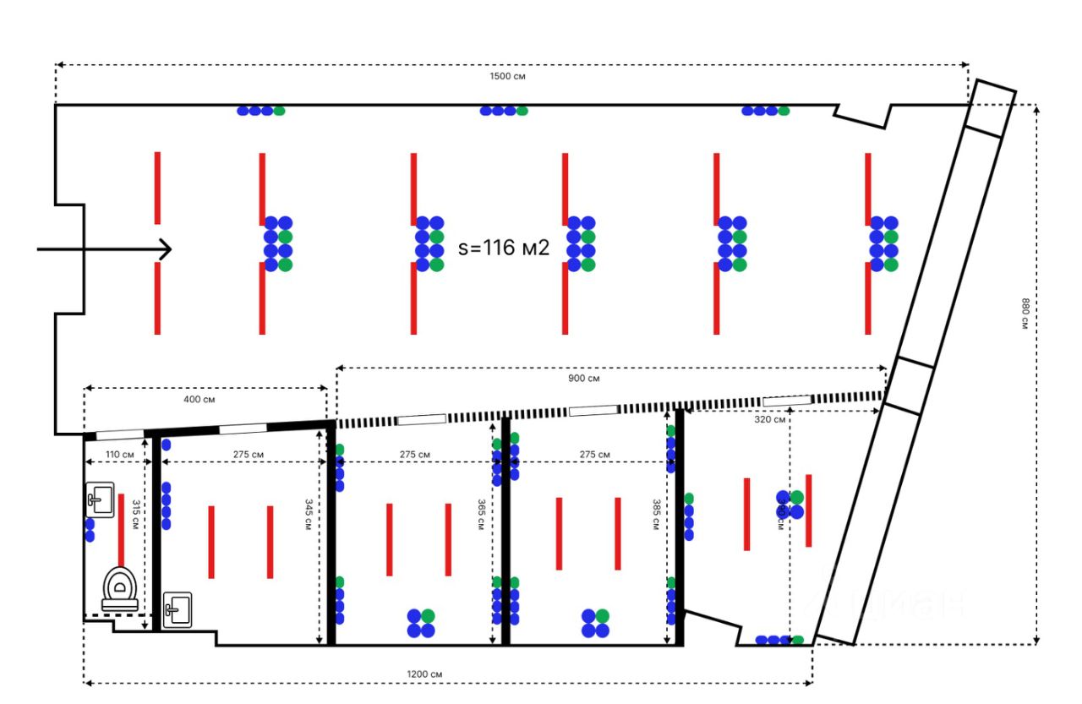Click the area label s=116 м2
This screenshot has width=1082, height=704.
point(504,248)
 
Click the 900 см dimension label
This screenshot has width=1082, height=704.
point(583,378)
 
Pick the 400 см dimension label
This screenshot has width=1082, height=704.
point(199,399)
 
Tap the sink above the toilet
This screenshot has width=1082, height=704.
point(100,498)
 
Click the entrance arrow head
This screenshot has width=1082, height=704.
point(166,248)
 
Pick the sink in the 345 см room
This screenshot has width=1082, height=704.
point(178,608)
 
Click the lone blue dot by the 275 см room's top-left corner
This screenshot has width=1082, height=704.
point(166,445)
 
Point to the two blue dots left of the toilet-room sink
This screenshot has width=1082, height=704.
point(90,530)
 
